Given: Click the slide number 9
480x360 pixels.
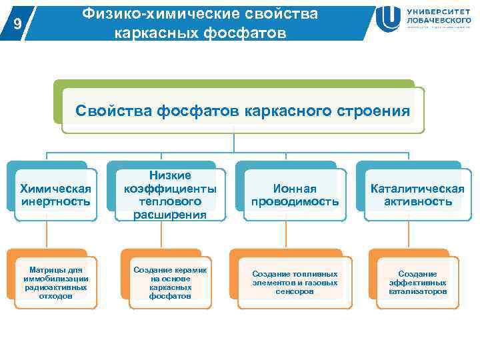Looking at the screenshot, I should [x=19, y=24].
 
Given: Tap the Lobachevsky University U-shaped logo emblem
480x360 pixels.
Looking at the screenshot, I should [x=388, y=19].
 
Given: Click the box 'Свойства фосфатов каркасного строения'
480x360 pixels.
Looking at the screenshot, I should [x=243, y=110].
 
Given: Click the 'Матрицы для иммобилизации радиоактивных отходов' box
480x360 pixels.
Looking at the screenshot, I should [x=56, y=283].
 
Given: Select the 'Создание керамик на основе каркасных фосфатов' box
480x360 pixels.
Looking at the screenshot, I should [x=171, y=283].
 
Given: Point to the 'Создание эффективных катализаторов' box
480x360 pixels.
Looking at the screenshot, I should [x=417, y=283].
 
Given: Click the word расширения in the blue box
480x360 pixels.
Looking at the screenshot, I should [x=171, y=214].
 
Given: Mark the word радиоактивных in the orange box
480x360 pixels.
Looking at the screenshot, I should [x=56, y=287].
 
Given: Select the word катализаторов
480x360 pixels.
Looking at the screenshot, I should [x=417, y=291].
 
